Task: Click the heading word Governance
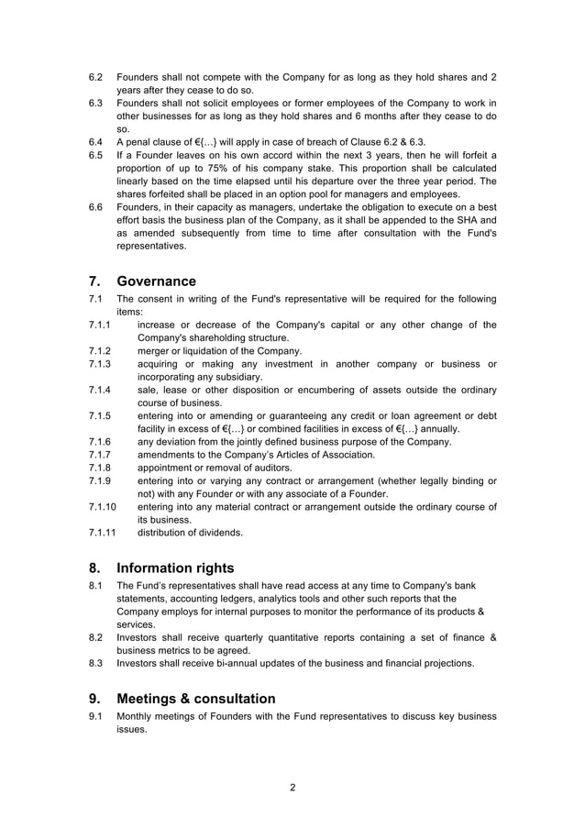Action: click(x=156, y=281)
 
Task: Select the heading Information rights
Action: click(x=175, y=568)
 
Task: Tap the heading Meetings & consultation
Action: click(x=196, y=699)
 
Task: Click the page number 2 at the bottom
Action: click(x=292, y=788)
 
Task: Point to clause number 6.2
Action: click(x=95, y=77)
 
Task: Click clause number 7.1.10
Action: click(x=102, y=507)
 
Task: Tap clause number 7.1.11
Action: click(x=102, y=533)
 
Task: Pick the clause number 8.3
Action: click(x=95, y=664)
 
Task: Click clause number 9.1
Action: click(x=95, y=716)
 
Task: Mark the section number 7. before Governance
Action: click(x=95, y=281)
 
